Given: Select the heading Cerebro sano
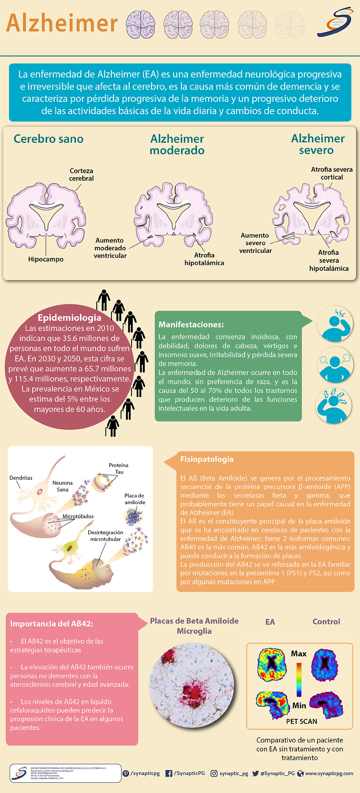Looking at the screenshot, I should point(48,139).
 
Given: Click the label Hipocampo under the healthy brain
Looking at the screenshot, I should point(46,259).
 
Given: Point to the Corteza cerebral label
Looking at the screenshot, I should point(81,175).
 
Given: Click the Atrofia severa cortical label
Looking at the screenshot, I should point(332,173).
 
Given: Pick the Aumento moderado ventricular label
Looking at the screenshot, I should point(110,248).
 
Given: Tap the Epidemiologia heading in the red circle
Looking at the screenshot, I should point(69,317).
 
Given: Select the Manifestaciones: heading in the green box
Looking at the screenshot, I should point(191,325).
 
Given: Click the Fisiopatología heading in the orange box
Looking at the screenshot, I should point(207,459).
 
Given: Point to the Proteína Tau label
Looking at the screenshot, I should point(119,468).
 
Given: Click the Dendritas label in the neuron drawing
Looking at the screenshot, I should point(21,478).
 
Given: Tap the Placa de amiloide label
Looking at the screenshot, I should point(135,499).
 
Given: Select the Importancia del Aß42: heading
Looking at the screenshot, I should point(51,624).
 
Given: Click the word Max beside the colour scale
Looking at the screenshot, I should point(298,654).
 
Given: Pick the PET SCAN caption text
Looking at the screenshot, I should point(302,721).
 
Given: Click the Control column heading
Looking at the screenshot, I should point(326,622).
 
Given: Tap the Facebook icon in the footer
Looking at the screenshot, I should point(169,773).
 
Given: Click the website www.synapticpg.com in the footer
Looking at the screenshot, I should point(329,773).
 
